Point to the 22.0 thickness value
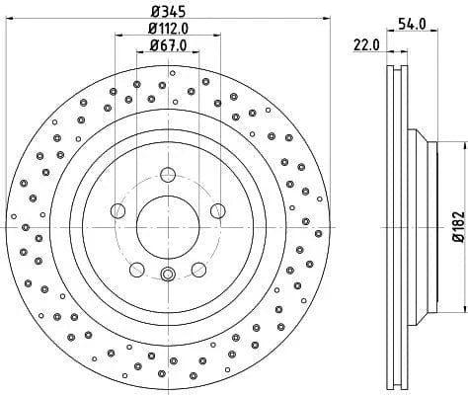[365, 44]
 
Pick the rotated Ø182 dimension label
[457, 225]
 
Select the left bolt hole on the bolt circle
[118, 209]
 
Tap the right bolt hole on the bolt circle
[215, 209]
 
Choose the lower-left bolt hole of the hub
[137, 267]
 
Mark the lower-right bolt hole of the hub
[196, 267]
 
